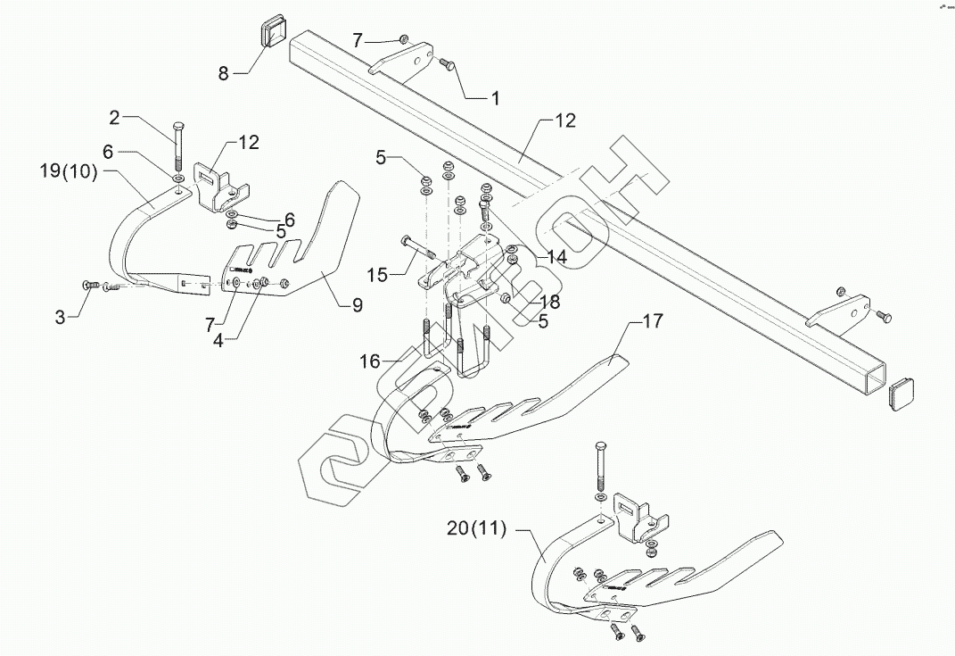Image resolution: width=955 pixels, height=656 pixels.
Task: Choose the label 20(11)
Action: click(x=477, y=529)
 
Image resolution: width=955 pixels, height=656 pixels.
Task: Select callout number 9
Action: click(x=357, y=305)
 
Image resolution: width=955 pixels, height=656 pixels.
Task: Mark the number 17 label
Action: click(x=653, y=321)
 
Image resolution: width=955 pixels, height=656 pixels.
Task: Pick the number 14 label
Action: click(x=556, y=257)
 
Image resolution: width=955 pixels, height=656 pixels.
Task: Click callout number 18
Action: click(x=549, y=303)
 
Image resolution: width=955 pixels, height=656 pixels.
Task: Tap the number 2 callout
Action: click(x=114, y=117)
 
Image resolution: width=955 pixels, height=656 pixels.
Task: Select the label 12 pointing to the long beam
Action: click(x=565, y=120)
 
